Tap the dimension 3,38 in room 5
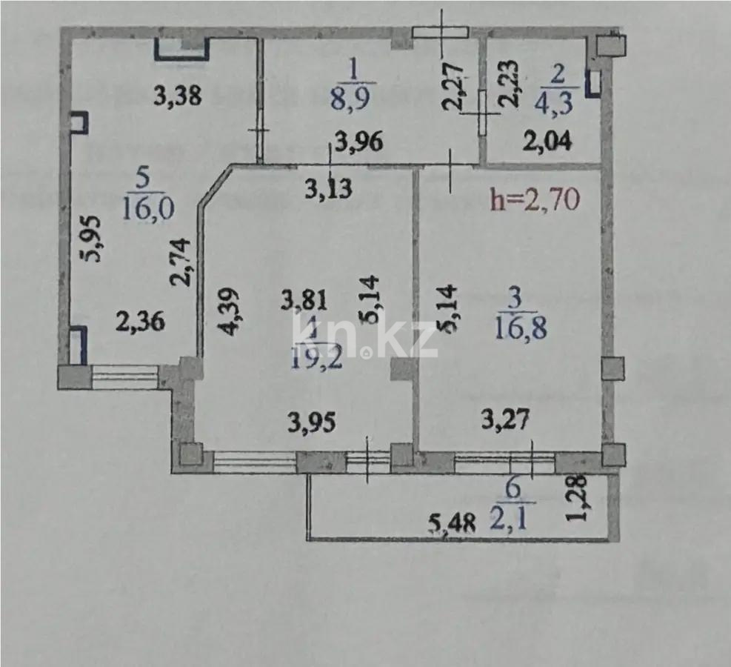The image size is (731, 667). click(x=178, y=96)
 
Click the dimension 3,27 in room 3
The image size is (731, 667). click(x=505, y=421)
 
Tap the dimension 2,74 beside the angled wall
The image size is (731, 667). click(x=182, y=261)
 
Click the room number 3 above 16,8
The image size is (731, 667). click(x=518, y=298)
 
